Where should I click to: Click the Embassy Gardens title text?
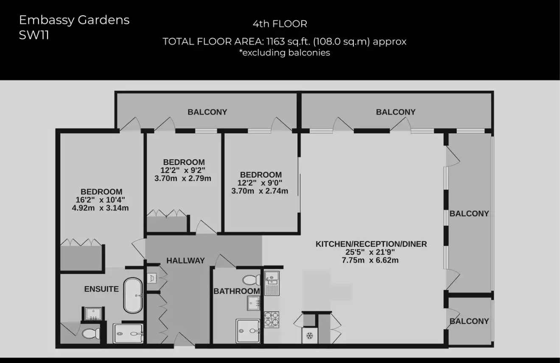point(74,20)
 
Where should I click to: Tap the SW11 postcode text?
point(34,35)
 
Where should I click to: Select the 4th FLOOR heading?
point(280,24)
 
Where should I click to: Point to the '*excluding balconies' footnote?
point(284,53)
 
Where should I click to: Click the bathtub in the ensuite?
point(133,295)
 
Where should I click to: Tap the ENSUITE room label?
point(101,289)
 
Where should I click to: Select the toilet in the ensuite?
point(90,334)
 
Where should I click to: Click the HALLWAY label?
point(185,260)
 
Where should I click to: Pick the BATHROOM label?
point(236,291)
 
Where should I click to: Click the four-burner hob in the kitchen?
point(272,319)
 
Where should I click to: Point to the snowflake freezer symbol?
point(309,336)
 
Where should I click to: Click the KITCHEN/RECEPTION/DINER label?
point(371,244)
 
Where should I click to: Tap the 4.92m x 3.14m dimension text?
point(101,208)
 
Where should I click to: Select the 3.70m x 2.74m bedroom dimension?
point(260,191)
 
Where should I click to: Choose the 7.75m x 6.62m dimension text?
point(370,260)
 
